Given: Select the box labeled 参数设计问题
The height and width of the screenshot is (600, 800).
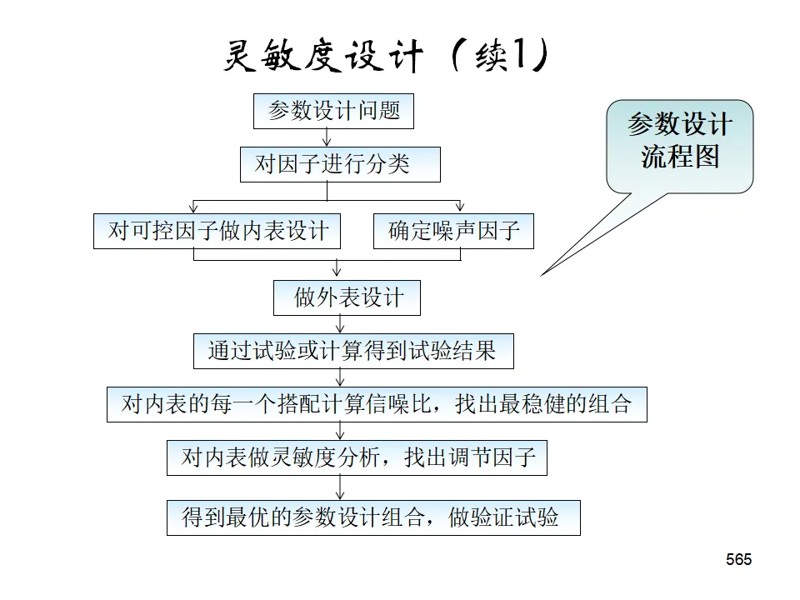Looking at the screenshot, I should click(333, 111).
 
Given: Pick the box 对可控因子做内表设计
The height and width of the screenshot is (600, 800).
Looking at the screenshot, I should click(217, 231).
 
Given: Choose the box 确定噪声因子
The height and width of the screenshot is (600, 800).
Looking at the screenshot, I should click(452, 231).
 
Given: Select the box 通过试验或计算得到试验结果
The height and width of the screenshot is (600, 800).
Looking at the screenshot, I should click(353, 352).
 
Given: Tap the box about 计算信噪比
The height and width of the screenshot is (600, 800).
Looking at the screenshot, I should click(377, 405).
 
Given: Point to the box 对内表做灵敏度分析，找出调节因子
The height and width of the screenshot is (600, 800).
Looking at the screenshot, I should click(357, 457).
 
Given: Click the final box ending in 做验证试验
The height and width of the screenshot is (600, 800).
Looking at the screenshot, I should click(372, 517).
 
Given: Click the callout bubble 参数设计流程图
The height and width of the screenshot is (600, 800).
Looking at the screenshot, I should click(679, 146).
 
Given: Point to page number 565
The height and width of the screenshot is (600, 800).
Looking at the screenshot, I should click(738, 559).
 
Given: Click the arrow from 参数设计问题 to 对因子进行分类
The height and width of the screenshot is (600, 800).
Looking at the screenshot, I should click(327, 138).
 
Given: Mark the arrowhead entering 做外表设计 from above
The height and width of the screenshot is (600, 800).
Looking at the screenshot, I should click(337, 274).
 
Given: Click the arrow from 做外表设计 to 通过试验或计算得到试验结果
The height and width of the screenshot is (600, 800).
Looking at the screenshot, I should click(340, 325).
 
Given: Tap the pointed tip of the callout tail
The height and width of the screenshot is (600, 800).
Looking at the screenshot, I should click(542, 274).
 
